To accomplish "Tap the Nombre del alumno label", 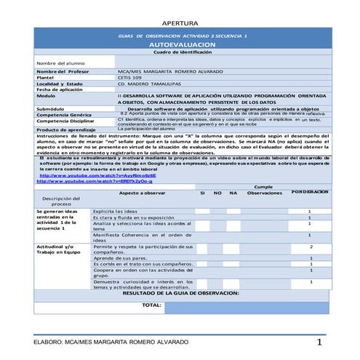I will click(56, 63).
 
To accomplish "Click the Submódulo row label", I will click(51, 108).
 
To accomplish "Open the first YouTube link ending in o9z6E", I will click(86, 175).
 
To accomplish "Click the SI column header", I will click(202, 193).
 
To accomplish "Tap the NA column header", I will click(233, 193).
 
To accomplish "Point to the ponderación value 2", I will click(311, 248).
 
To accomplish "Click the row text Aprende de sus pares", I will click(121, 257).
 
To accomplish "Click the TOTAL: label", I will click(152, 305).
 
